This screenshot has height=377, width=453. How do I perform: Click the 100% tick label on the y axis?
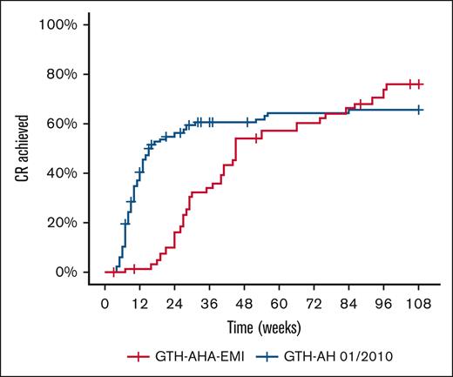tap(61, 24)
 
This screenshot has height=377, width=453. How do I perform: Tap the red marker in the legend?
tap(140, 357)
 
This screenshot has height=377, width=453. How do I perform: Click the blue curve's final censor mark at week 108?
tap(419, 110)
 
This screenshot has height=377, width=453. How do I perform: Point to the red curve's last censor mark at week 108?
tap(419, 84)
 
